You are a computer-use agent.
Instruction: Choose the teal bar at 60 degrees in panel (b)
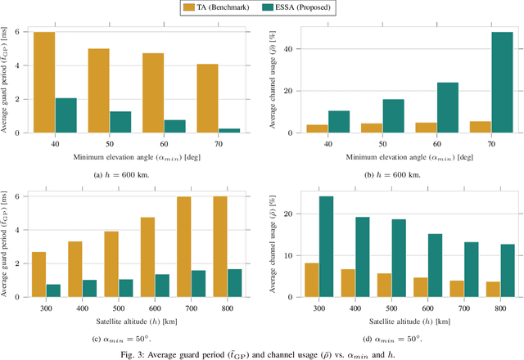pyautogui.click(x=447, y=107)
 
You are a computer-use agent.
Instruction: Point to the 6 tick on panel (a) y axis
pyautogui.click(x=26, y=32)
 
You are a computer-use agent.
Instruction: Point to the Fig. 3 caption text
pyautogui.click(x=262, y=352)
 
